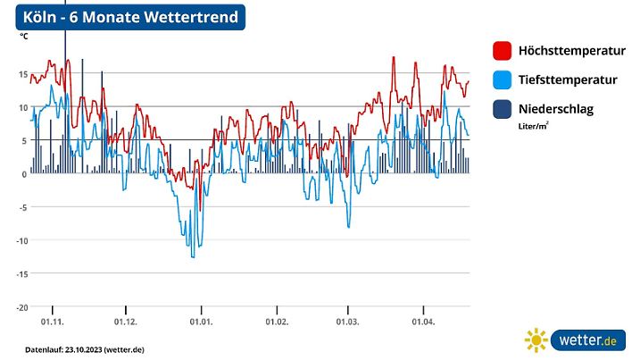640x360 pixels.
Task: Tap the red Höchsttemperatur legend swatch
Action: click(x=502, y=51)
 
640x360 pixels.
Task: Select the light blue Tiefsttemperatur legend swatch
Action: click(x=502, y=80)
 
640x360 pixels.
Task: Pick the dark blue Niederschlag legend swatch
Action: click(x=502, y=109)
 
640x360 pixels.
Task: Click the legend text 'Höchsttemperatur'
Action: click(x=571, y=51)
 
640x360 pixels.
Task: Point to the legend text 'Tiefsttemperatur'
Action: click(x=568, y=80)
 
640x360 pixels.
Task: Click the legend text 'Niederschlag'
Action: click(x=555, y=109)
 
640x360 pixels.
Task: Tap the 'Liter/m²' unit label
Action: click(x=534, y=127)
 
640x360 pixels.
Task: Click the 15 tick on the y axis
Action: click(x=21, y=73)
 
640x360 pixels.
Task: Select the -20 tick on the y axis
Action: click(x=20, y=306)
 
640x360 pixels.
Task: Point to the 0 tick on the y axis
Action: click(x=24, y=173)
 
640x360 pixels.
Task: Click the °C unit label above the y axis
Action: click(x=24, y=37)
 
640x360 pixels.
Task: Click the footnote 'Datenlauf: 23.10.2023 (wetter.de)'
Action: click(x=84, y=348)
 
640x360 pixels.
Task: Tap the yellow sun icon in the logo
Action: click(x=536, y=340)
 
